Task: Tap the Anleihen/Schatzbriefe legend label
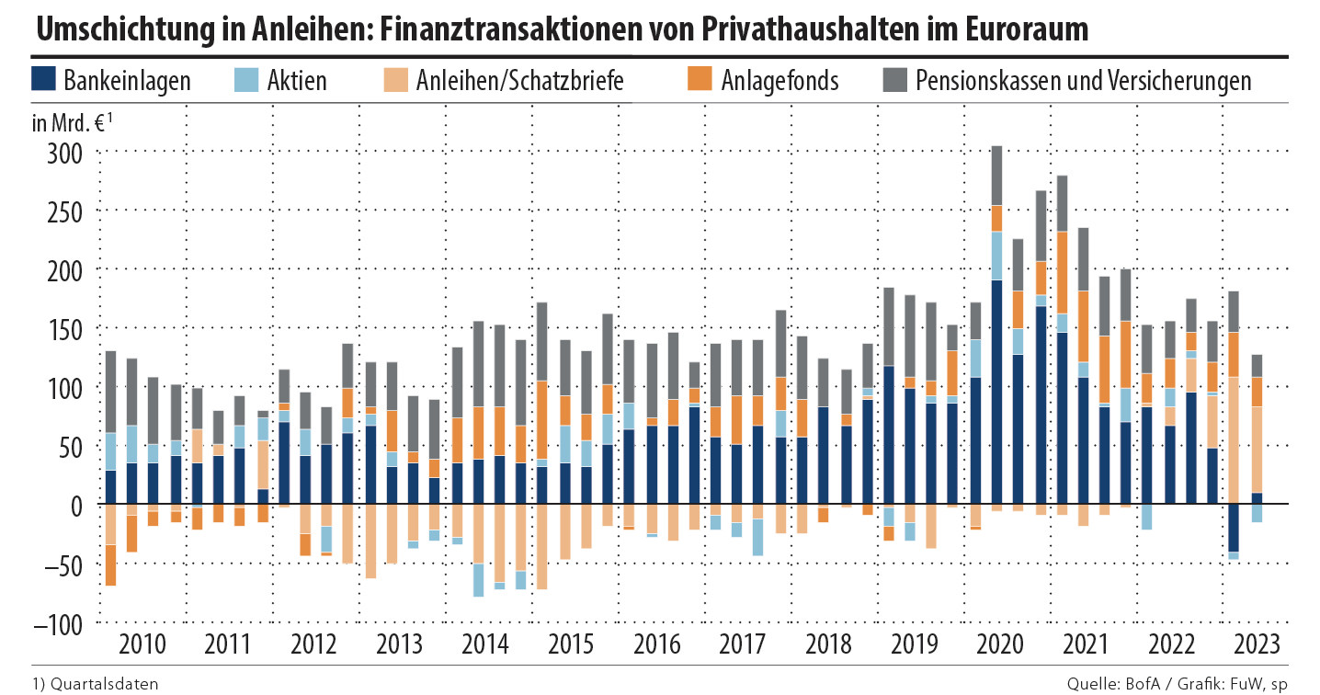tap(520, 81)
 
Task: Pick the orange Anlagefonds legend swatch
tap(698, 79)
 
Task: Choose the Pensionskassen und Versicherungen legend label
tap(1084, 81)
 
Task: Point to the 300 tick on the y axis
tap(64, 152)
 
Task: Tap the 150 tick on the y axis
tap(64, 329)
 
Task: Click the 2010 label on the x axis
tap(143, 643)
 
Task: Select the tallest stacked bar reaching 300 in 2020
tap(996, 322)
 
